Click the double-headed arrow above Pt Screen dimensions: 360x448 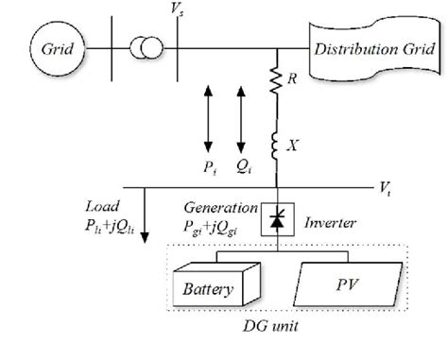pos(209,118)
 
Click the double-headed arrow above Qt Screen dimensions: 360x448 pos(243,118)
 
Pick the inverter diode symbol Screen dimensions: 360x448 pos(276,221)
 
